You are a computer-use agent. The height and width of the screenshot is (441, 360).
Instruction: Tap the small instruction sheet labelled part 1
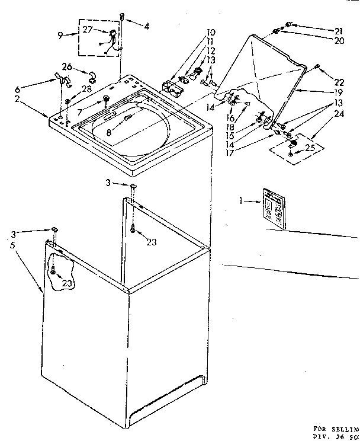(x=273, y=208)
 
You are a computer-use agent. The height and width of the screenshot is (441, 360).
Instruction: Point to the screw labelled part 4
(x=121, y=16)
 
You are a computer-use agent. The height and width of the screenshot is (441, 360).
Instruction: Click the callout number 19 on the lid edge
(x=339, y=93)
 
